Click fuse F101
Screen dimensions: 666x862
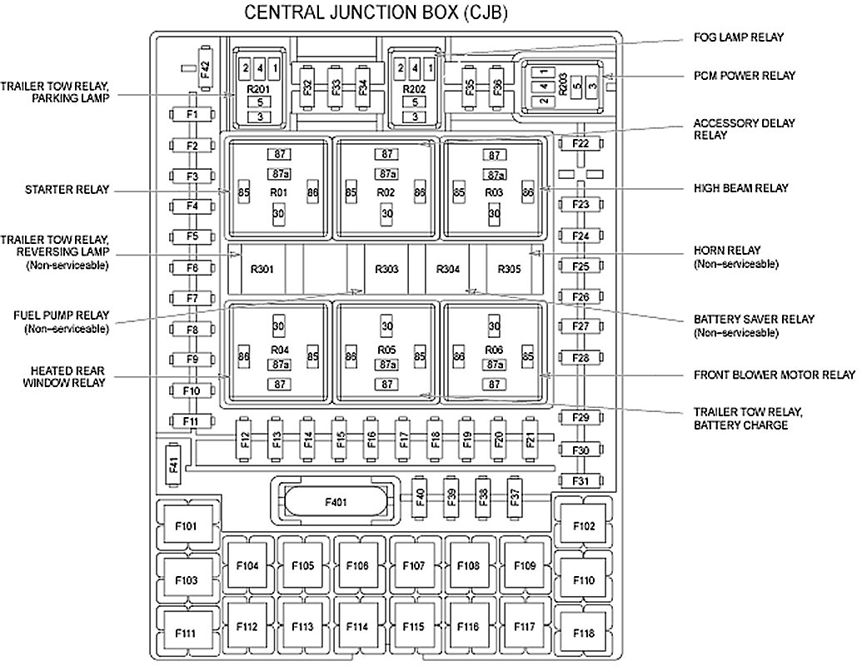[187, 526]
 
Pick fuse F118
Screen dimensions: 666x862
[584, 634]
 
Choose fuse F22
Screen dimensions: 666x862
[581, 144]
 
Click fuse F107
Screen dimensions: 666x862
[413, 566]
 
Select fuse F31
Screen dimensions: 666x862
[581, 480]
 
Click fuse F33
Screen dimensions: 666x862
[335, 86]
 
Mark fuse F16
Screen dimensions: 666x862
[371, 437]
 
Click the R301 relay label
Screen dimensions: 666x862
[262, 270]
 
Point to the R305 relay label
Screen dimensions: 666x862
[509, 270]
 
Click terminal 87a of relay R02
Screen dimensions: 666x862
[386, 174]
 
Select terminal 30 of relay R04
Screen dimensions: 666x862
[279, 326]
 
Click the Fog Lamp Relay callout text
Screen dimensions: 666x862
[738, 37]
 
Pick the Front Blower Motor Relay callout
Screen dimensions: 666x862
[775, 375]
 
